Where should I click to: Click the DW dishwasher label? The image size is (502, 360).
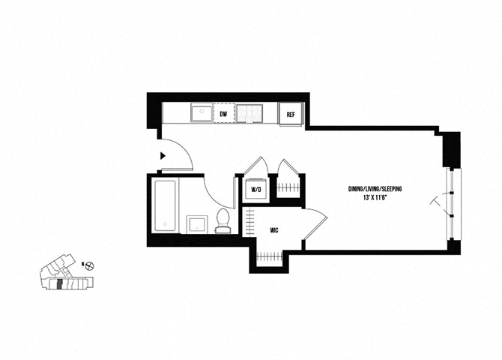coord(223,114)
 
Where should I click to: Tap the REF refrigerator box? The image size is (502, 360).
coord(291,114)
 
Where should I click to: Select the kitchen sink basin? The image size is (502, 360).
coord(202,112)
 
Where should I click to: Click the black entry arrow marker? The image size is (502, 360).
coord(163,156)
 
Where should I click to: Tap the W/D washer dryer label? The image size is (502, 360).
coord(256,190)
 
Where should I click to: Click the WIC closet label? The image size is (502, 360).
coord(273,230)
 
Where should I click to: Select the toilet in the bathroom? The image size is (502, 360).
coord(223,220)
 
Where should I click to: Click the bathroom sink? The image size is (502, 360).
coord(197,224)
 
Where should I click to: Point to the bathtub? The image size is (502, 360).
coord(165,205)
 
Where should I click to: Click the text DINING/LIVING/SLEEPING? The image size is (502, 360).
coord(375,189)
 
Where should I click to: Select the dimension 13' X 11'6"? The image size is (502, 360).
coord(375,198)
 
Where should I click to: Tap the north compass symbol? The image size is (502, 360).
coord(90,265)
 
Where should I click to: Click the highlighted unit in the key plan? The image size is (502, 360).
coord(59,284)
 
